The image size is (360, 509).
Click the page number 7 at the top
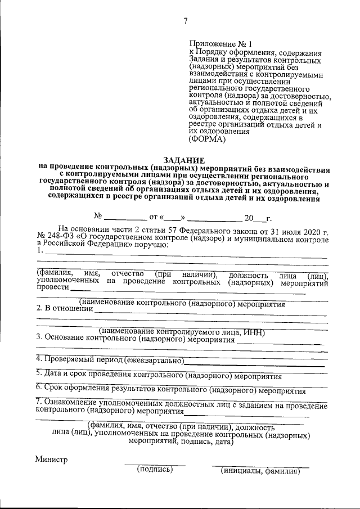(185, 21)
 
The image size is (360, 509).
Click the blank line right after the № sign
(125, 217)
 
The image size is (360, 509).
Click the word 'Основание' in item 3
(65, 340)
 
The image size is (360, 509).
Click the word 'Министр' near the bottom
(51, 459)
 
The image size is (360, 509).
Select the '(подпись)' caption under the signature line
(155, 470)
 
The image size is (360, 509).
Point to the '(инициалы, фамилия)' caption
(260, 471)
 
